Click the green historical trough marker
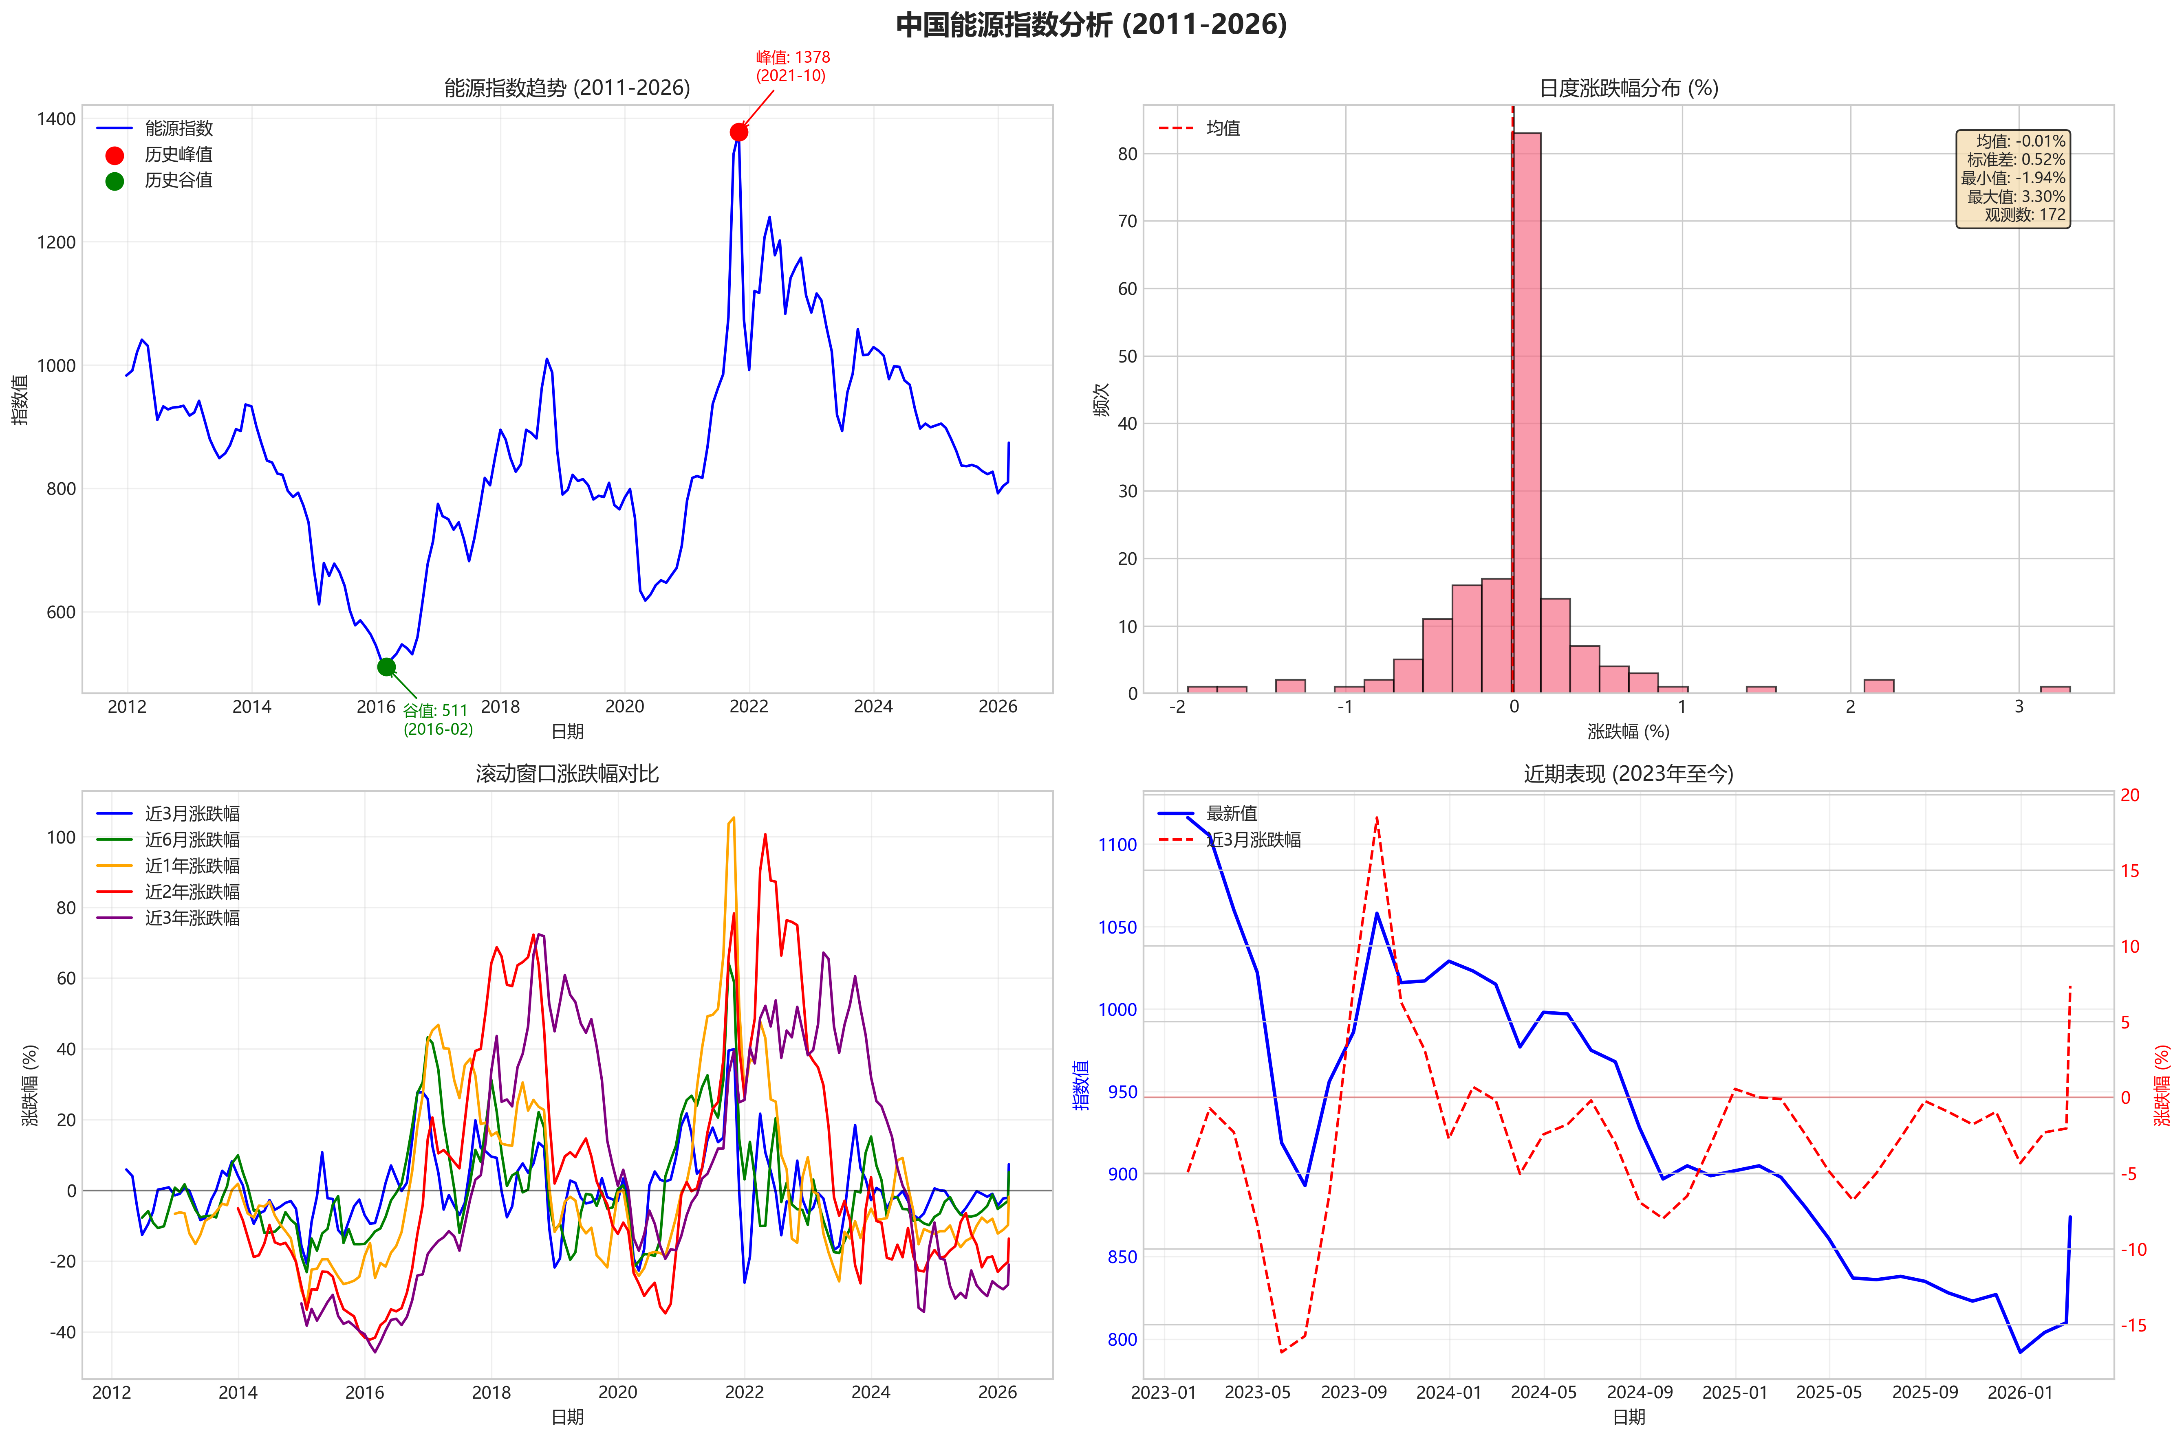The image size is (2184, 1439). click(x=386, y=667)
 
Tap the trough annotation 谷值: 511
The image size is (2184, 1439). click(x=435, y=710)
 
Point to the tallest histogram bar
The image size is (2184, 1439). click(x=1526, y=413)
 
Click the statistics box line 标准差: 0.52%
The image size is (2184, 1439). click(x=2015, y=160)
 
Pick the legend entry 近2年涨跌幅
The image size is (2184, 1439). click(x=192, y=891)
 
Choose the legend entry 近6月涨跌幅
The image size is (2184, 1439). click(x=192, y=840)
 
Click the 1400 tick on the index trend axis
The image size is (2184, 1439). click(x=56, y=119)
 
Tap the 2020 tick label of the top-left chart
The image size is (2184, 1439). click(x=624, y=707)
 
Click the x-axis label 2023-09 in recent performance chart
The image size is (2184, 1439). click(x=1353, y=1392)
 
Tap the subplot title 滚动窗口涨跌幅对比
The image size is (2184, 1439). click(x=566, y=773)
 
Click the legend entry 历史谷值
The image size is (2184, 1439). click(x=178, y=181)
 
